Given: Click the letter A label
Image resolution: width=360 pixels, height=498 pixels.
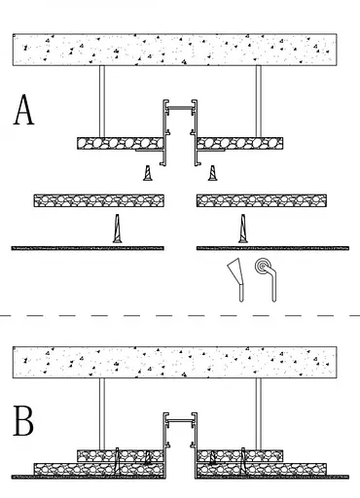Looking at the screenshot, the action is pyautogui.click(x=23, y=110).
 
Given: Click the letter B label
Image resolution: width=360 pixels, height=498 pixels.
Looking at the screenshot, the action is pyautogui.click(x=23, y=421).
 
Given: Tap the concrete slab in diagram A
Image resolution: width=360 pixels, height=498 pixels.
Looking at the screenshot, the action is pyautogui.click(x=174, y=50).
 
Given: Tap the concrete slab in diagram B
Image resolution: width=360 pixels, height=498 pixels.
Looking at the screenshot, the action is pyautogui.click(x=174, y=362).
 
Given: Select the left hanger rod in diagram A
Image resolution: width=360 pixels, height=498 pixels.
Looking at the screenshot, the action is pyautogui.click(x=102, y=101).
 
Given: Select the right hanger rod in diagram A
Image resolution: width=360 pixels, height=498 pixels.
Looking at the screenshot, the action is pyautogui.click(x=259, y=101).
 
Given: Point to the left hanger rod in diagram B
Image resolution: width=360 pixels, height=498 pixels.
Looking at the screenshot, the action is pyautogui.click(x=102, y=414).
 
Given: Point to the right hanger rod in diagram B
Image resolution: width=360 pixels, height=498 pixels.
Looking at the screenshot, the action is pyautogui.click(x=259, y=414).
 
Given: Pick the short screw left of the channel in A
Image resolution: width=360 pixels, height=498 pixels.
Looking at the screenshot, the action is pyautogui.click(x=148, y=173).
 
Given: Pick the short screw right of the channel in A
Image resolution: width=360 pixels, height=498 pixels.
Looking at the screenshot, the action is pyautogui.click(x=212, y=173).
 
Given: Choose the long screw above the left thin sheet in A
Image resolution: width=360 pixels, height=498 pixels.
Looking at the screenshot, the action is pyautogui.click(x=118, y=229).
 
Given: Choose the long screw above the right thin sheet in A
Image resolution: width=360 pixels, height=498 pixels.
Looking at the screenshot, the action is pyautogui.click(x=242, y=229).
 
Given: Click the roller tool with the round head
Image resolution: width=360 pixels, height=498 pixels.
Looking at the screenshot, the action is pyautogui.click(x=268, y=279).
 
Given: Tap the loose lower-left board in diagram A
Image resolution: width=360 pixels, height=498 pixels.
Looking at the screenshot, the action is pyautogui.click(x=99, y=200).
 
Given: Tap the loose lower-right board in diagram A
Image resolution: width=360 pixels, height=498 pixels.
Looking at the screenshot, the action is pyautogui.click(x=262, y=200).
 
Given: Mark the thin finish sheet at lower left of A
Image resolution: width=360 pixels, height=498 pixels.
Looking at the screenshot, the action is pyautogui.click(x=88, y=248).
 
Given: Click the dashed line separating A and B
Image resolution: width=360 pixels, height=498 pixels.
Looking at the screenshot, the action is pyautogui.click(x=180, y=315).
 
